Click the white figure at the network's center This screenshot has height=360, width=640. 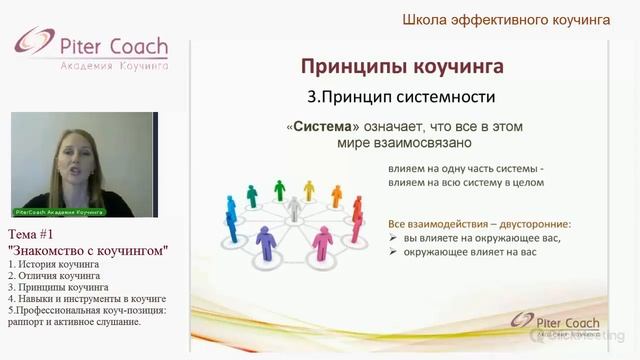(294, 208)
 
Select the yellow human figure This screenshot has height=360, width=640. (309, 190)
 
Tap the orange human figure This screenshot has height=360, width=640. (336, 195)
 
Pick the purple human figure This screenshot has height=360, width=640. (265, 241)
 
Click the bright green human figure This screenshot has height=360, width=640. (280, 189)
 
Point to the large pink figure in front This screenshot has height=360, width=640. (322, 242)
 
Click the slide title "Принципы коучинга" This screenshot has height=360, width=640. (402, 67)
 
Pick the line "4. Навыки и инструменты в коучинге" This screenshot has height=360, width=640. (86, 299)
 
